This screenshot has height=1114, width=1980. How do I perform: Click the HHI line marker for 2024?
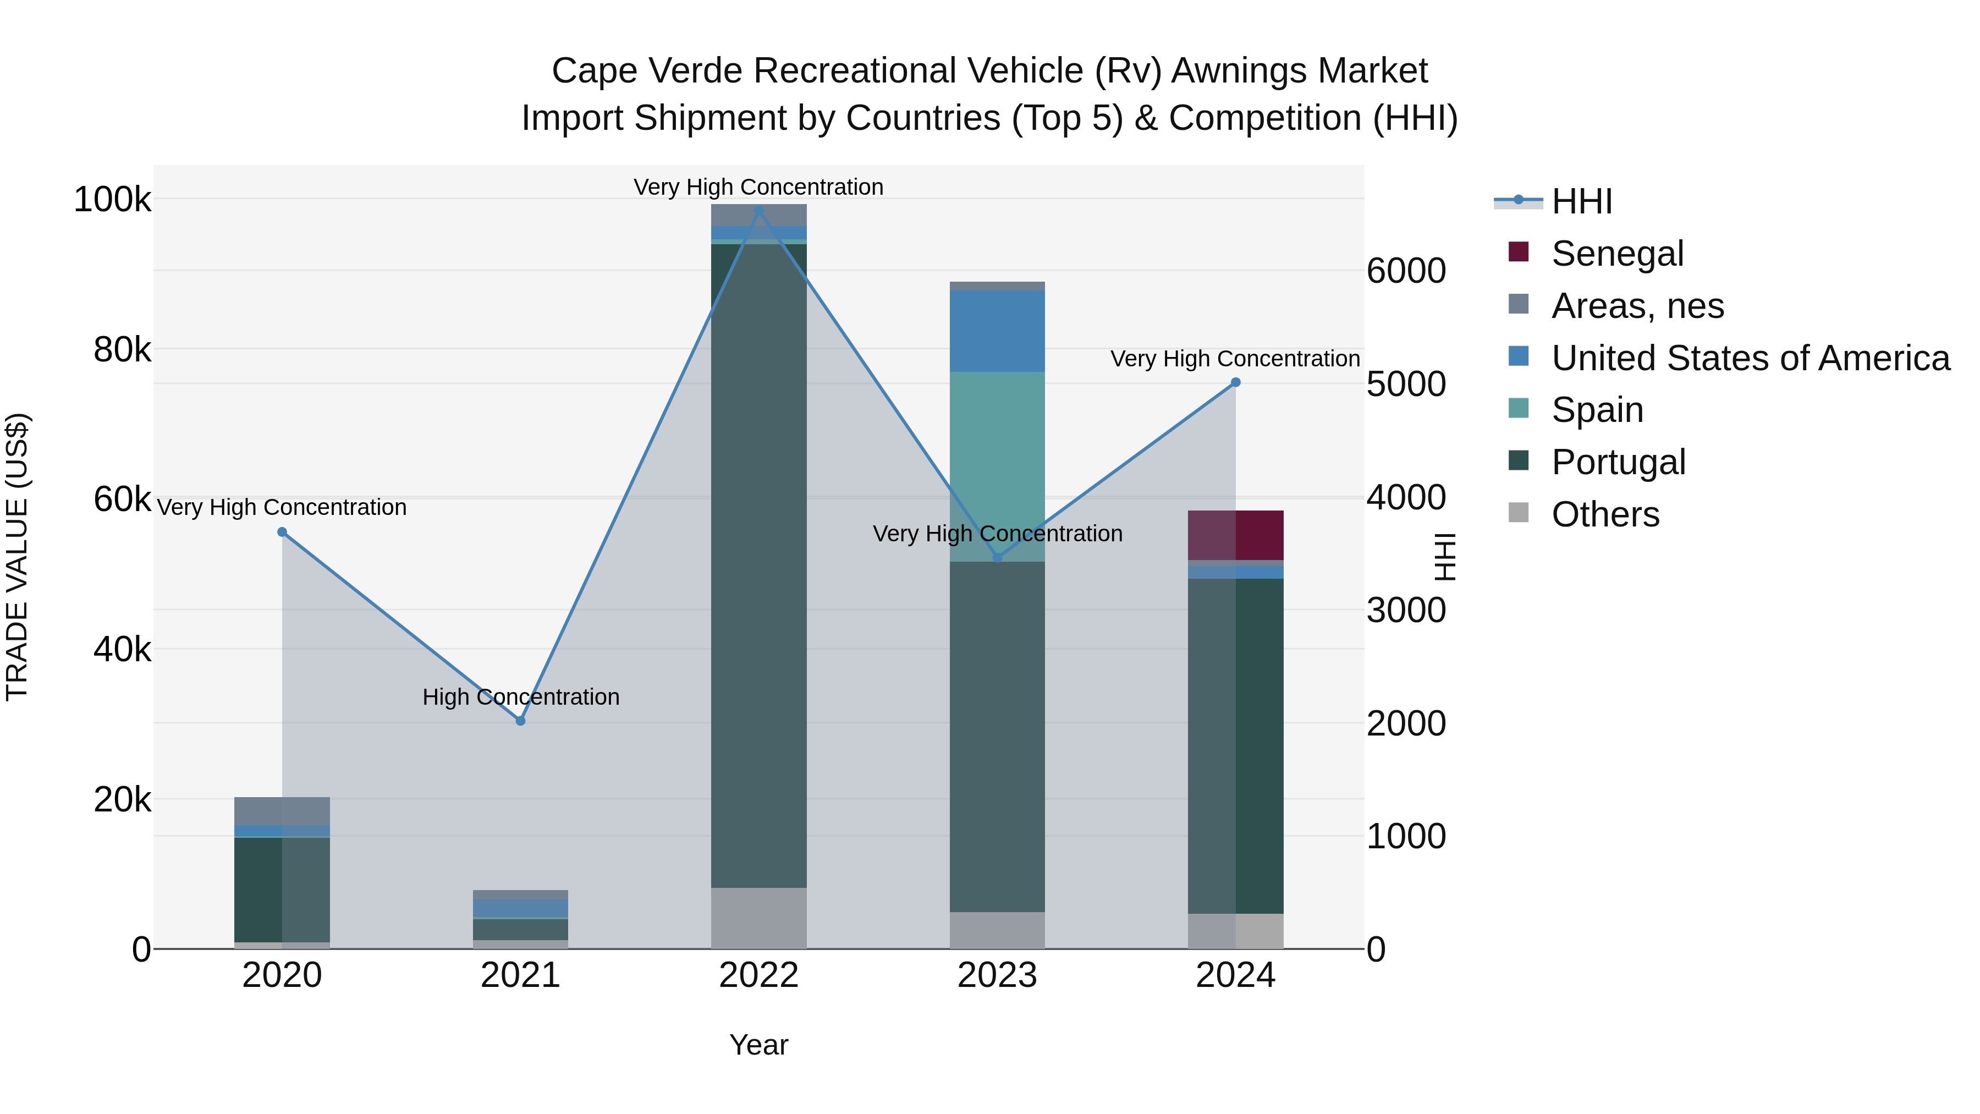[1235, 382]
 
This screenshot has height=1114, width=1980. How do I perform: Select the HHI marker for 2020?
[282, 532]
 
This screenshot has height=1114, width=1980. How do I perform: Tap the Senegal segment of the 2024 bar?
[1235, 535]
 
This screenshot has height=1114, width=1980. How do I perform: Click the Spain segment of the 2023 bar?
[997, 466]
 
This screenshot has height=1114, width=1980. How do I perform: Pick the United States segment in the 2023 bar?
[997, 331]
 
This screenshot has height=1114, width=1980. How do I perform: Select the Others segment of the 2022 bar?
[758, 918]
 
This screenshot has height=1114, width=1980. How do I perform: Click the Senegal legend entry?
[1616, 254]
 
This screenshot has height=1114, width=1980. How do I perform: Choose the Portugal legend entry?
[1618, 462]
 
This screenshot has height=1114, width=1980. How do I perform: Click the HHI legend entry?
[1581, 201]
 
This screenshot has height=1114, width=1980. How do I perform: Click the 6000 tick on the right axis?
[1406, 271]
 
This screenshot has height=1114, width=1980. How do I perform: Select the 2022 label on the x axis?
[758, 975]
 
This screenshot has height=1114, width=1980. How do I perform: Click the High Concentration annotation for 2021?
[520, 696]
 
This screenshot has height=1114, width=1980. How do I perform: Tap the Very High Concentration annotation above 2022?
[758, 187]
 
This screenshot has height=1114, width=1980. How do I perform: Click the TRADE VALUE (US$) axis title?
[17, 557]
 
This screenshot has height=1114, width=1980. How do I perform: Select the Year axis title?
[758, 1045]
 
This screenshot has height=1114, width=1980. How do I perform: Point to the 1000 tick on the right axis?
[1406, 836]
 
